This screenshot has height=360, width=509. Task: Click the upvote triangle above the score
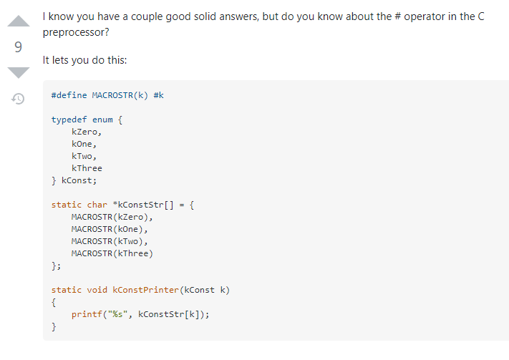tap(19, 24)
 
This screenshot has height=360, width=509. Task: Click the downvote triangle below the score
tap(19, 72)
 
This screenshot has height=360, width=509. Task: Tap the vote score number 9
tap(19, 47)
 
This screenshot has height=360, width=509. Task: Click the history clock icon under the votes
tap(19, 98)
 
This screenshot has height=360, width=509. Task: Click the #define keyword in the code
tap(69, 95)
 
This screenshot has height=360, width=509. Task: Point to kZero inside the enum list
tap(87, 132)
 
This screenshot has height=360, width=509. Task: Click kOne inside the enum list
tap(84, 144)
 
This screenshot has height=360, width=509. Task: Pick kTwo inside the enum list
tap(84, 156)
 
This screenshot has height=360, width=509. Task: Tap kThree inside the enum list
tap(87, 168)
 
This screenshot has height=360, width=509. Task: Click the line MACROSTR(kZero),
tap(112, 217)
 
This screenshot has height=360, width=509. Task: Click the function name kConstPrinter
tap(145, 290)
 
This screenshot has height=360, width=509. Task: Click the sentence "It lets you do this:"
tap(84, 60)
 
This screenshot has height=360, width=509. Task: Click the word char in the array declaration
tap(97, 205)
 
